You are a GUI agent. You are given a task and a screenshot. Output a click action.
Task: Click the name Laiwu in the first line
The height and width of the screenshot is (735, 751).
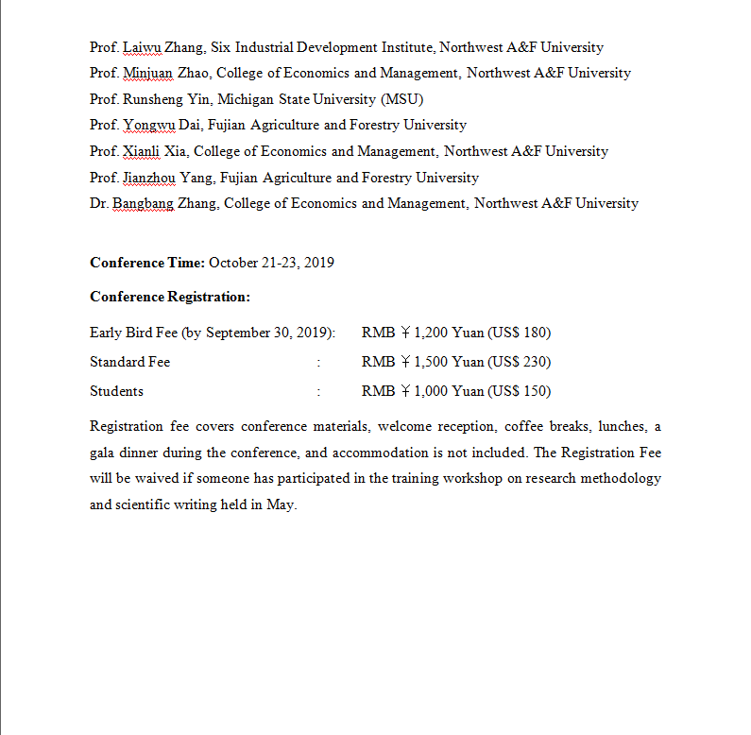click(x=142, y=47)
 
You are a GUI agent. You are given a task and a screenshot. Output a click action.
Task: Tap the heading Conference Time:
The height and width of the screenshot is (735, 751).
click(x=146, y=263)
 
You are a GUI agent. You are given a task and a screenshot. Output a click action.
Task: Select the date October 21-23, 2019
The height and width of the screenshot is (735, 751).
click(x=271, y=263)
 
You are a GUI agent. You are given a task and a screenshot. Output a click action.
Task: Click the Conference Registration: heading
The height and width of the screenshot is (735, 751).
click(x=170, y=297)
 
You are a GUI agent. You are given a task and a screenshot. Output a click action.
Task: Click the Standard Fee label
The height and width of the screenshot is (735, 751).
click(x=129, y=362)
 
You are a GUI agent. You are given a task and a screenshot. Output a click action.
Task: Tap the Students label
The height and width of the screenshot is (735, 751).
click(x=116, y=391)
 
